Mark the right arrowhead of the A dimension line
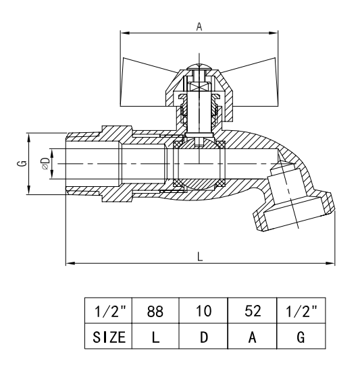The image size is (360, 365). [276, 32]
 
